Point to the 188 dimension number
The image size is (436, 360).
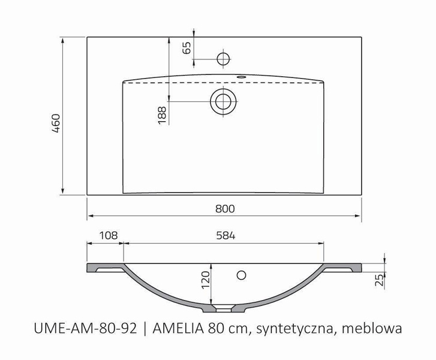162,114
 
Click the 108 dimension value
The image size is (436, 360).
105,236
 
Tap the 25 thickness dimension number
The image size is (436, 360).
378,280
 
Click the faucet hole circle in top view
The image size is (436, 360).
223,58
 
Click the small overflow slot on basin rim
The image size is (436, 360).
243,77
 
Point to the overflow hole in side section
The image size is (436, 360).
242,275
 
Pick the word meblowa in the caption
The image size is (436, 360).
372,329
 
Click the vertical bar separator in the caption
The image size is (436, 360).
145,329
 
